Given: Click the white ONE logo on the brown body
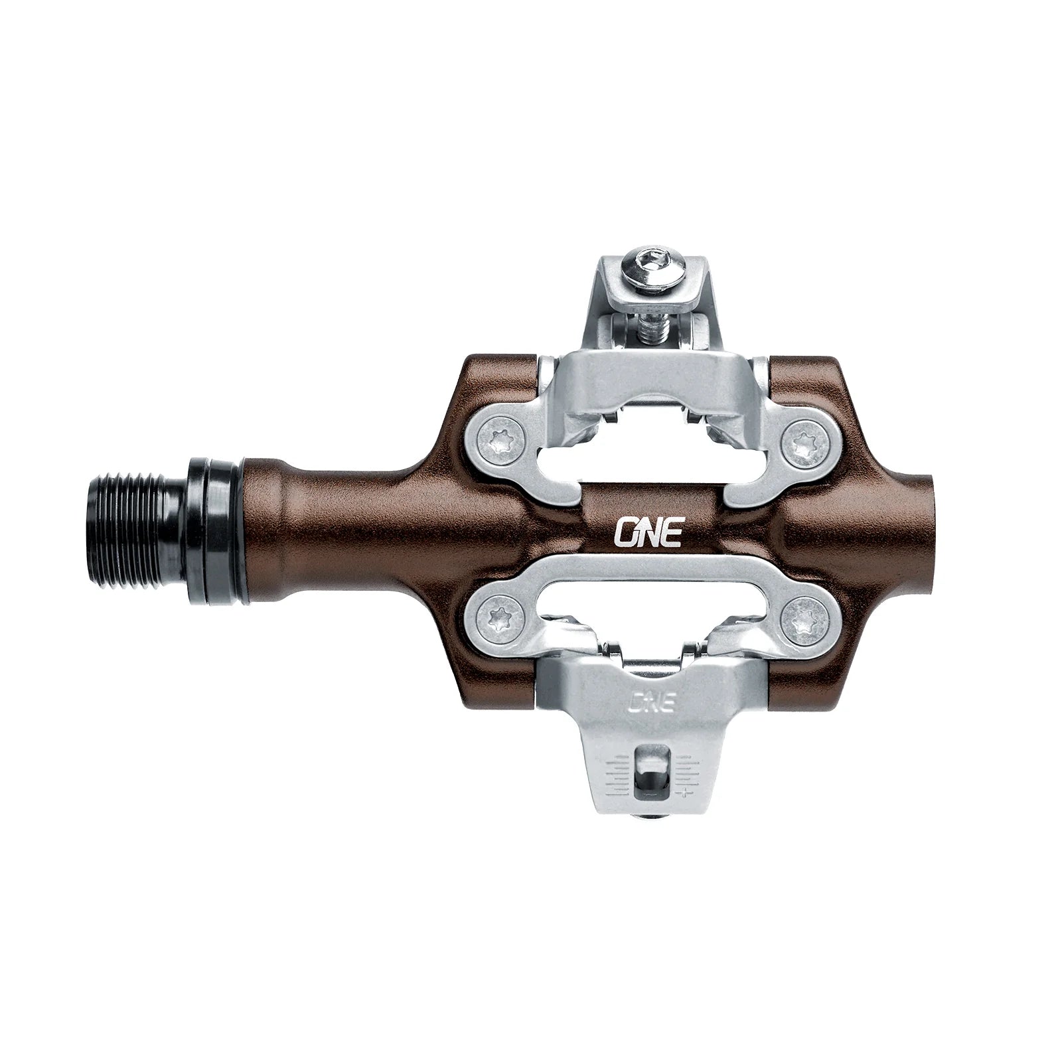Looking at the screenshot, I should click(648, 532).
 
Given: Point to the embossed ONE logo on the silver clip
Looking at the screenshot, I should click(651, 702).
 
